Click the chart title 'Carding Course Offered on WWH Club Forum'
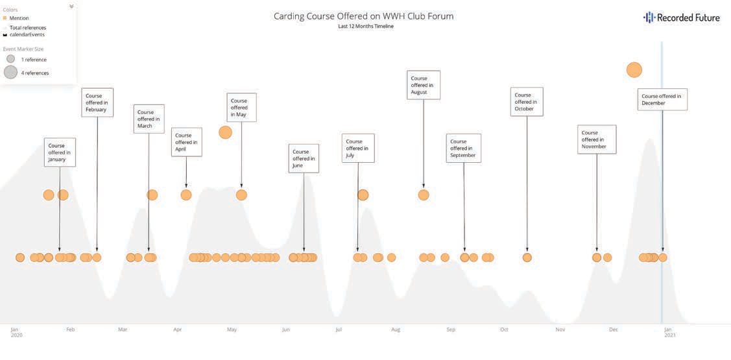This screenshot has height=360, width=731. click(x=363, y=16)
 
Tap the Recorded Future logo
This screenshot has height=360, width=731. click(x=681, y=18)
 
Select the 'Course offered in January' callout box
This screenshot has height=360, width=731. click(x=60, y=152)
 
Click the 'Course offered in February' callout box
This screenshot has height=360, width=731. click(x=97, y=102)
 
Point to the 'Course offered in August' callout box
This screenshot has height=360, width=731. click(x=424, y=85)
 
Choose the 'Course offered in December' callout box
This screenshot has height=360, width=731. click(x=662, y=100)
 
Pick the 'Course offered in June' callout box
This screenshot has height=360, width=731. click(x=304, y=158)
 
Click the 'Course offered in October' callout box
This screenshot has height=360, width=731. click(x=527, y=102)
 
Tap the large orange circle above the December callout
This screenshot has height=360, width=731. click(x=634, y=70)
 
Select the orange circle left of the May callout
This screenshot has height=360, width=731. click(x=225, y=132)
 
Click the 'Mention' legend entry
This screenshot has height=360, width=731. click(x=19, y=18)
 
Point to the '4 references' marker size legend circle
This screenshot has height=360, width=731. click(x=10, y=73)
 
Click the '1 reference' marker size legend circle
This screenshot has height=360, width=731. click(x=10, y=59)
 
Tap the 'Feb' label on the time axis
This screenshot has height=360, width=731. click(x=70, y=330)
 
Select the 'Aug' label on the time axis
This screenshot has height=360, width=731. click(x=396, y=330)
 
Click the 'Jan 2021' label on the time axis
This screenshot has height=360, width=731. click(x=669, y=332)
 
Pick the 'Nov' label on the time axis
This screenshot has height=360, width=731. click(x=560, y=330)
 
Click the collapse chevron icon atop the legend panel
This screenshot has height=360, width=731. click(x=71, y=6)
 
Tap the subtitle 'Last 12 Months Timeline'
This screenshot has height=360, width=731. click(x=365, y=27)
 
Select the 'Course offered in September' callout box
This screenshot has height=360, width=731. click(x=464, y=148)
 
